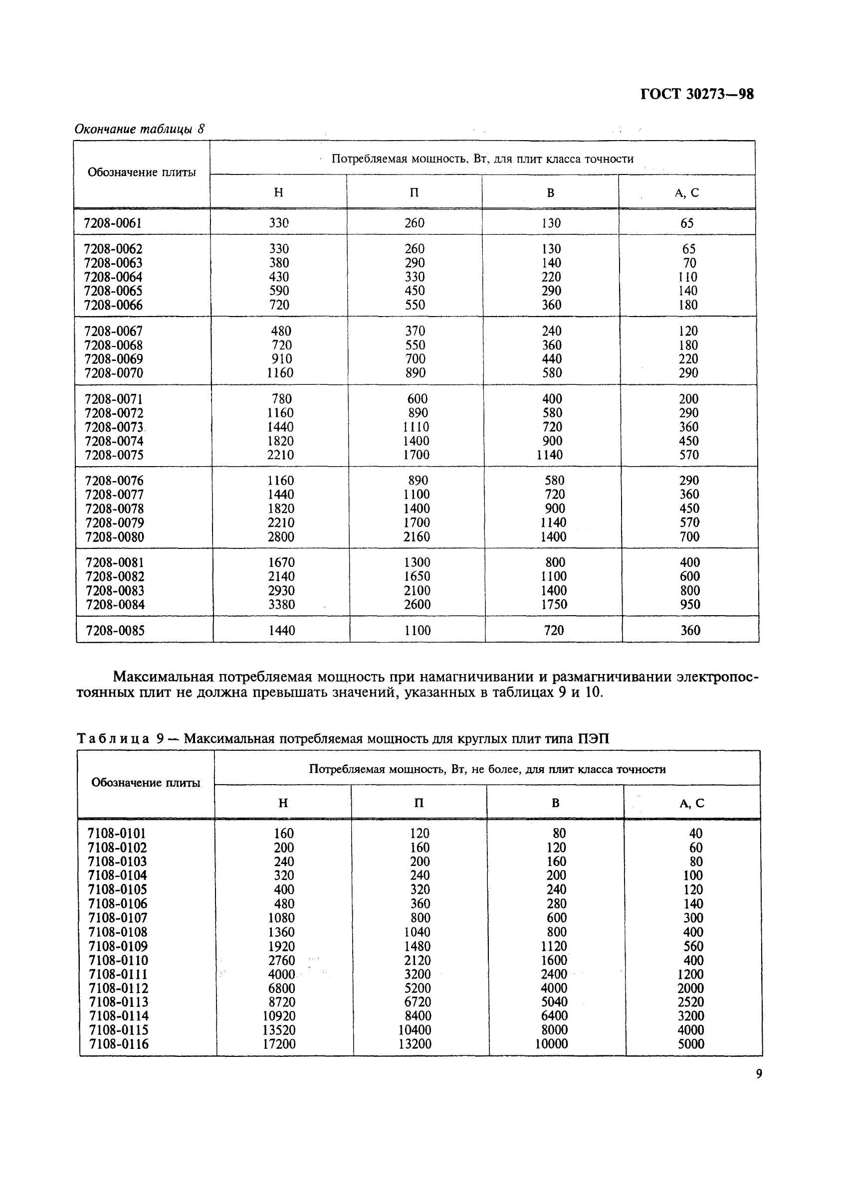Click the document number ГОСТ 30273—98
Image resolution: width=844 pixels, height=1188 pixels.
click(x=696, y=94)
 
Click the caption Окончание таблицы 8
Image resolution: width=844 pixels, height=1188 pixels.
click(x=140, y=129)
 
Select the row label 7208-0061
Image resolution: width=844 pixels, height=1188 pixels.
click(x=113, y=223)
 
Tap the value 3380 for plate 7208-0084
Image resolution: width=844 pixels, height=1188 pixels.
click(x=281, y=605)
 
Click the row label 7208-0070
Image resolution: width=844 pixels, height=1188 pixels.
click(x=114, y=373)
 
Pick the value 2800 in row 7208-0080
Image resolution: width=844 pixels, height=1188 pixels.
click(x=281, y=536)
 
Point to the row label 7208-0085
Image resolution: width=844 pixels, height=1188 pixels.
click(x=115, y=631)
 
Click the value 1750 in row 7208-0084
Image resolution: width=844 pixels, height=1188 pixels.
click(x=553, y=605)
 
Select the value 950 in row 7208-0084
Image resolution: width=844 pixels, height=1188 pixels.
click(x=690, y=605)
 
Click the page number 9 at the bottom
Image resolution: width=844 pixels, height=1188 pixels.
click(x=759, y=1074)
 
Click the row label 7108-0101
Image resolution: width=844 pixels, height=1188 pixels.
click(x=117, y=834)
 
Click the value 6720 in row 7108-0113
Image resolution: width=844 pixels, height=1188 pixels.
click(x=417, y=1002)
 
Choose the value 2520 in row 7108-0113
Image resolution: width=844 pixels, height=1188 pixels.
click(x=690, y=1002)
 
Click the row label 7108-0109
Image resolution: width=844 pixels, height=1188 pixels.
click(x=118, y=946)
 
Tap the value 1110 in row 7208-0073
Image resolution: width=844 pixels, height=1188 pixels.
click(x=417, y=427)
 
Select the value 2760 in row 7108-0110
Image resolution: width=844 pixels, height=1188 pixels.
click(x=281, y=960)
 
